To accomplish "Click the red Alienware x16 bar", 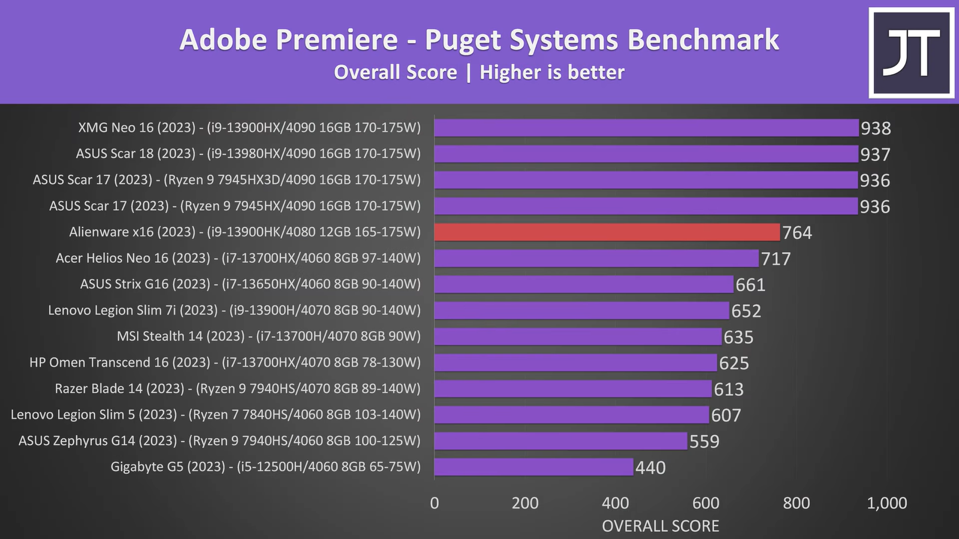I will pyautogui.click(x=607, y=232).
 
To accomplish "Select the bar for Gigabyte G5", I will pyautogui.click(x=533, y=467).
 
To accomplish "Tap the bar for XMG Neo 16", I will pyautogui.click(x=646, y=128).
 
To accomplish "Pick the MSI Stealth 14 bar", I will pyautogui.click(x=578, y=337).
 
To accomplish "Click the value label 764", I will pyautogui.click(x=797, y=232).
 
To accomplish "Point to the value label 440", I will pyautogui.click(x=650, y=467).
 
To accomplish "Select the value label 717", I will pyautogui.click(x=776, y=259).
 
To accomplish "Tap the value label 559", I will pyautogui.click(x=704, y=441).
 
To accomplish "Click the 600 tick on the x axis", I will pyautogui.click(x=706, y=503).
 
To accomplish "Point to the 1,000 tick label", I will pyautogui.click(x=887, y=503).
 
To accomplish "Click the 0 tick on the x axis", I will pyautogui.click(x=435, y=503).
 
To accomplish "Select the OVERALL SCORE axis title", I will pyautogui.click(x=661, y=526).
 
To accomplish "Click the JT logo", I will pyautogui.click(x=911, y=53).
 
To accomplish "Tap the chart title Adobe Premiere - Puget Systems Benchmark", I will pyautogui.click(x=479, y=40).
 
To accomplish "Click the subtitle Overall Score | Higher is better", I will pyautogui.click(x=479, y=72).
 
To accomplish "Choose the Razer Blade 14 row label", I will pyautogui.click(x=237, y=389).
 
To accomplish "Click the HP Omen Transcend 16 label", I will pyautogui.click(x=225, y=362).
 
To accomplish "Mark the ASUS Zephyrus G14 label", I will pyautogui.click(x=219, y=441).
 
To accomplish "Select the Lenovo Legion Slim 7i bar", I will pyautogui.click(x=581, y=310).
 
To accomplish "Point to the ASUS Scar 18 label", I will pyautogui.click(x=248, y=154).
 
